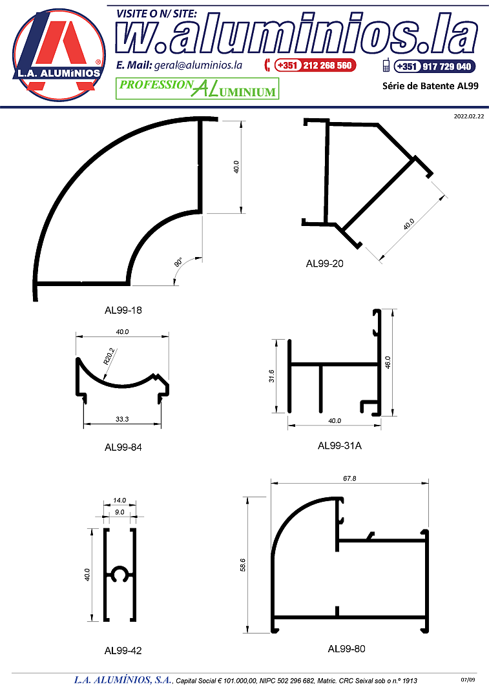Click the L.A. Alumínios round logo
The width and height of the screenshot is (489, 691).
pos(59,55)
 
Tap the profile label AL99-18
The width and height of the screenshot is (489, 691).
pos(123,310)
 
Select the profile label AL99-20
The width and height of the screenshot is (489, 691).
pos(324,263)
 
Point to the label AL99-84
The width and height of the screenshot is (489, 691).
pos(123,448)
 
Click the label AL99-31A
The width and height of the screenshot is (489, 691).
pos(340,446)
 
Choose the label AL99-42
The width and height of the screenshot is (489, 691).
pos(123,650)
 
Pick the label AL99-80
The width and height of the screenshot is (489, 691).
pos(347,648)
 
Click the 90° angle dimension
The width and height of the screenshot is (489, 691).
pos(178,262)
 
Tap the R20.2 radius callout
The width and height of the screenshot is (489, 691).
pos(109,356)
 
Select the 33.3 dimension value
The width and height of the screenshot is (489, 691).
pos(122,419)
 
